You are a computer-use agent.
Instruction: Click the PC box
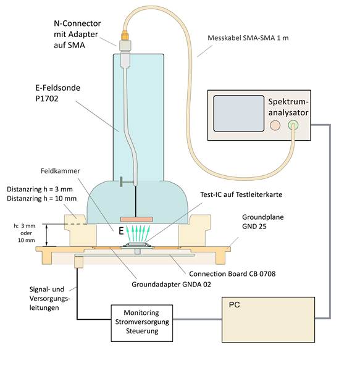(x=268, y=320)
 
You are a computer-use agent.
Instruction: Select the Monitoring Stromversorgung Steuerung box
(x=142, y=323)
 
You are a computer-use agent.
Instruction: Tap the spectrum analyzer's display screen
(x=239, y=114)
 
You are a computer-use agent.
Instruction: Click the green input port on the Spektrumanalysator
(x=293, y=125)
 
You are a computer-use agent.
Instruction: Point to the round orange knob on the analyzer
(x=275, y=125)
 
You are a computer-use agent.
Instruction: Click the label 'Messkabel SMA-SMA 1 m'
(x=248, y=38)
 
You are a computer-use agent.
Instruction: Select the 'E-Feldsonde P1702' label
(x=57, y=93)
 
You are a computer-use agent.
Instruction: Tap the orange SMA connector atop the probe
(x=125, y=35)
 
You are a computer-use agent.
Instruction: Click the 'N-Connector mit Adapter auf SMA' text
(x=77, y=34)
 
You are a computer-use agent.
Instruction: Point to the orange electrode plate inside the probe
(x=136, y=219)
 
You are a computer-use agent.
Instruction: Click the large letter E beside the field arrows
(x=121, y=231)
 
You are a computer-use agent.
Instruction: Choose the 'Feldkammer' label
(x=61, y=171)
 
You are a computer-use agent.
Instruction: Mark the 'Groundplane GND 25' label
(x=262, y=222)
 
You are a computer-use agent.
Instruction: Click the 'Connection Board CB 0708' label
(x=232, y=273)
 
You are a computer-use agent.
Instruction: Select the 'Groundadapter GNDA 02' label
(x=172, y=285)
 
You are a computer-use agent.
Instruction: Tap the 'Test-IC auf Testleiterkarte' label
(x=241, y=194)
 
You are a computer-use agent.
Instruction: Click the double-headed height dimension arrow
(x=47, y=235)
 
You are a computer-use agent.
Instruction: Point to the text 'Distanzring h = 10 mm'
(x=41, y=198)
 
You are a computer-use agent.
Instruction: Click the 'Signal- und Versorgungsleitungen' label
(x=50, y=298)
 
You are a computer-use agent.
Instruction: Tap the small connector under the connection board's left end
(x=79, y=262)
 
